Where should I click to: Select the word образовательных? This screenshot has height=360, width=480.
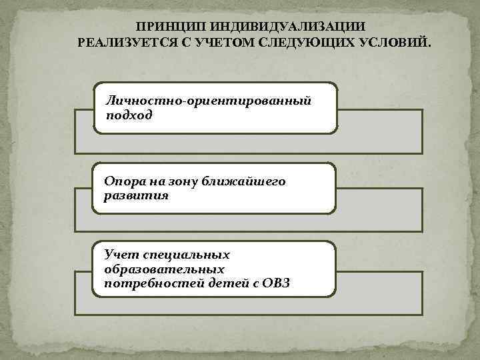coord(164,269)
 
